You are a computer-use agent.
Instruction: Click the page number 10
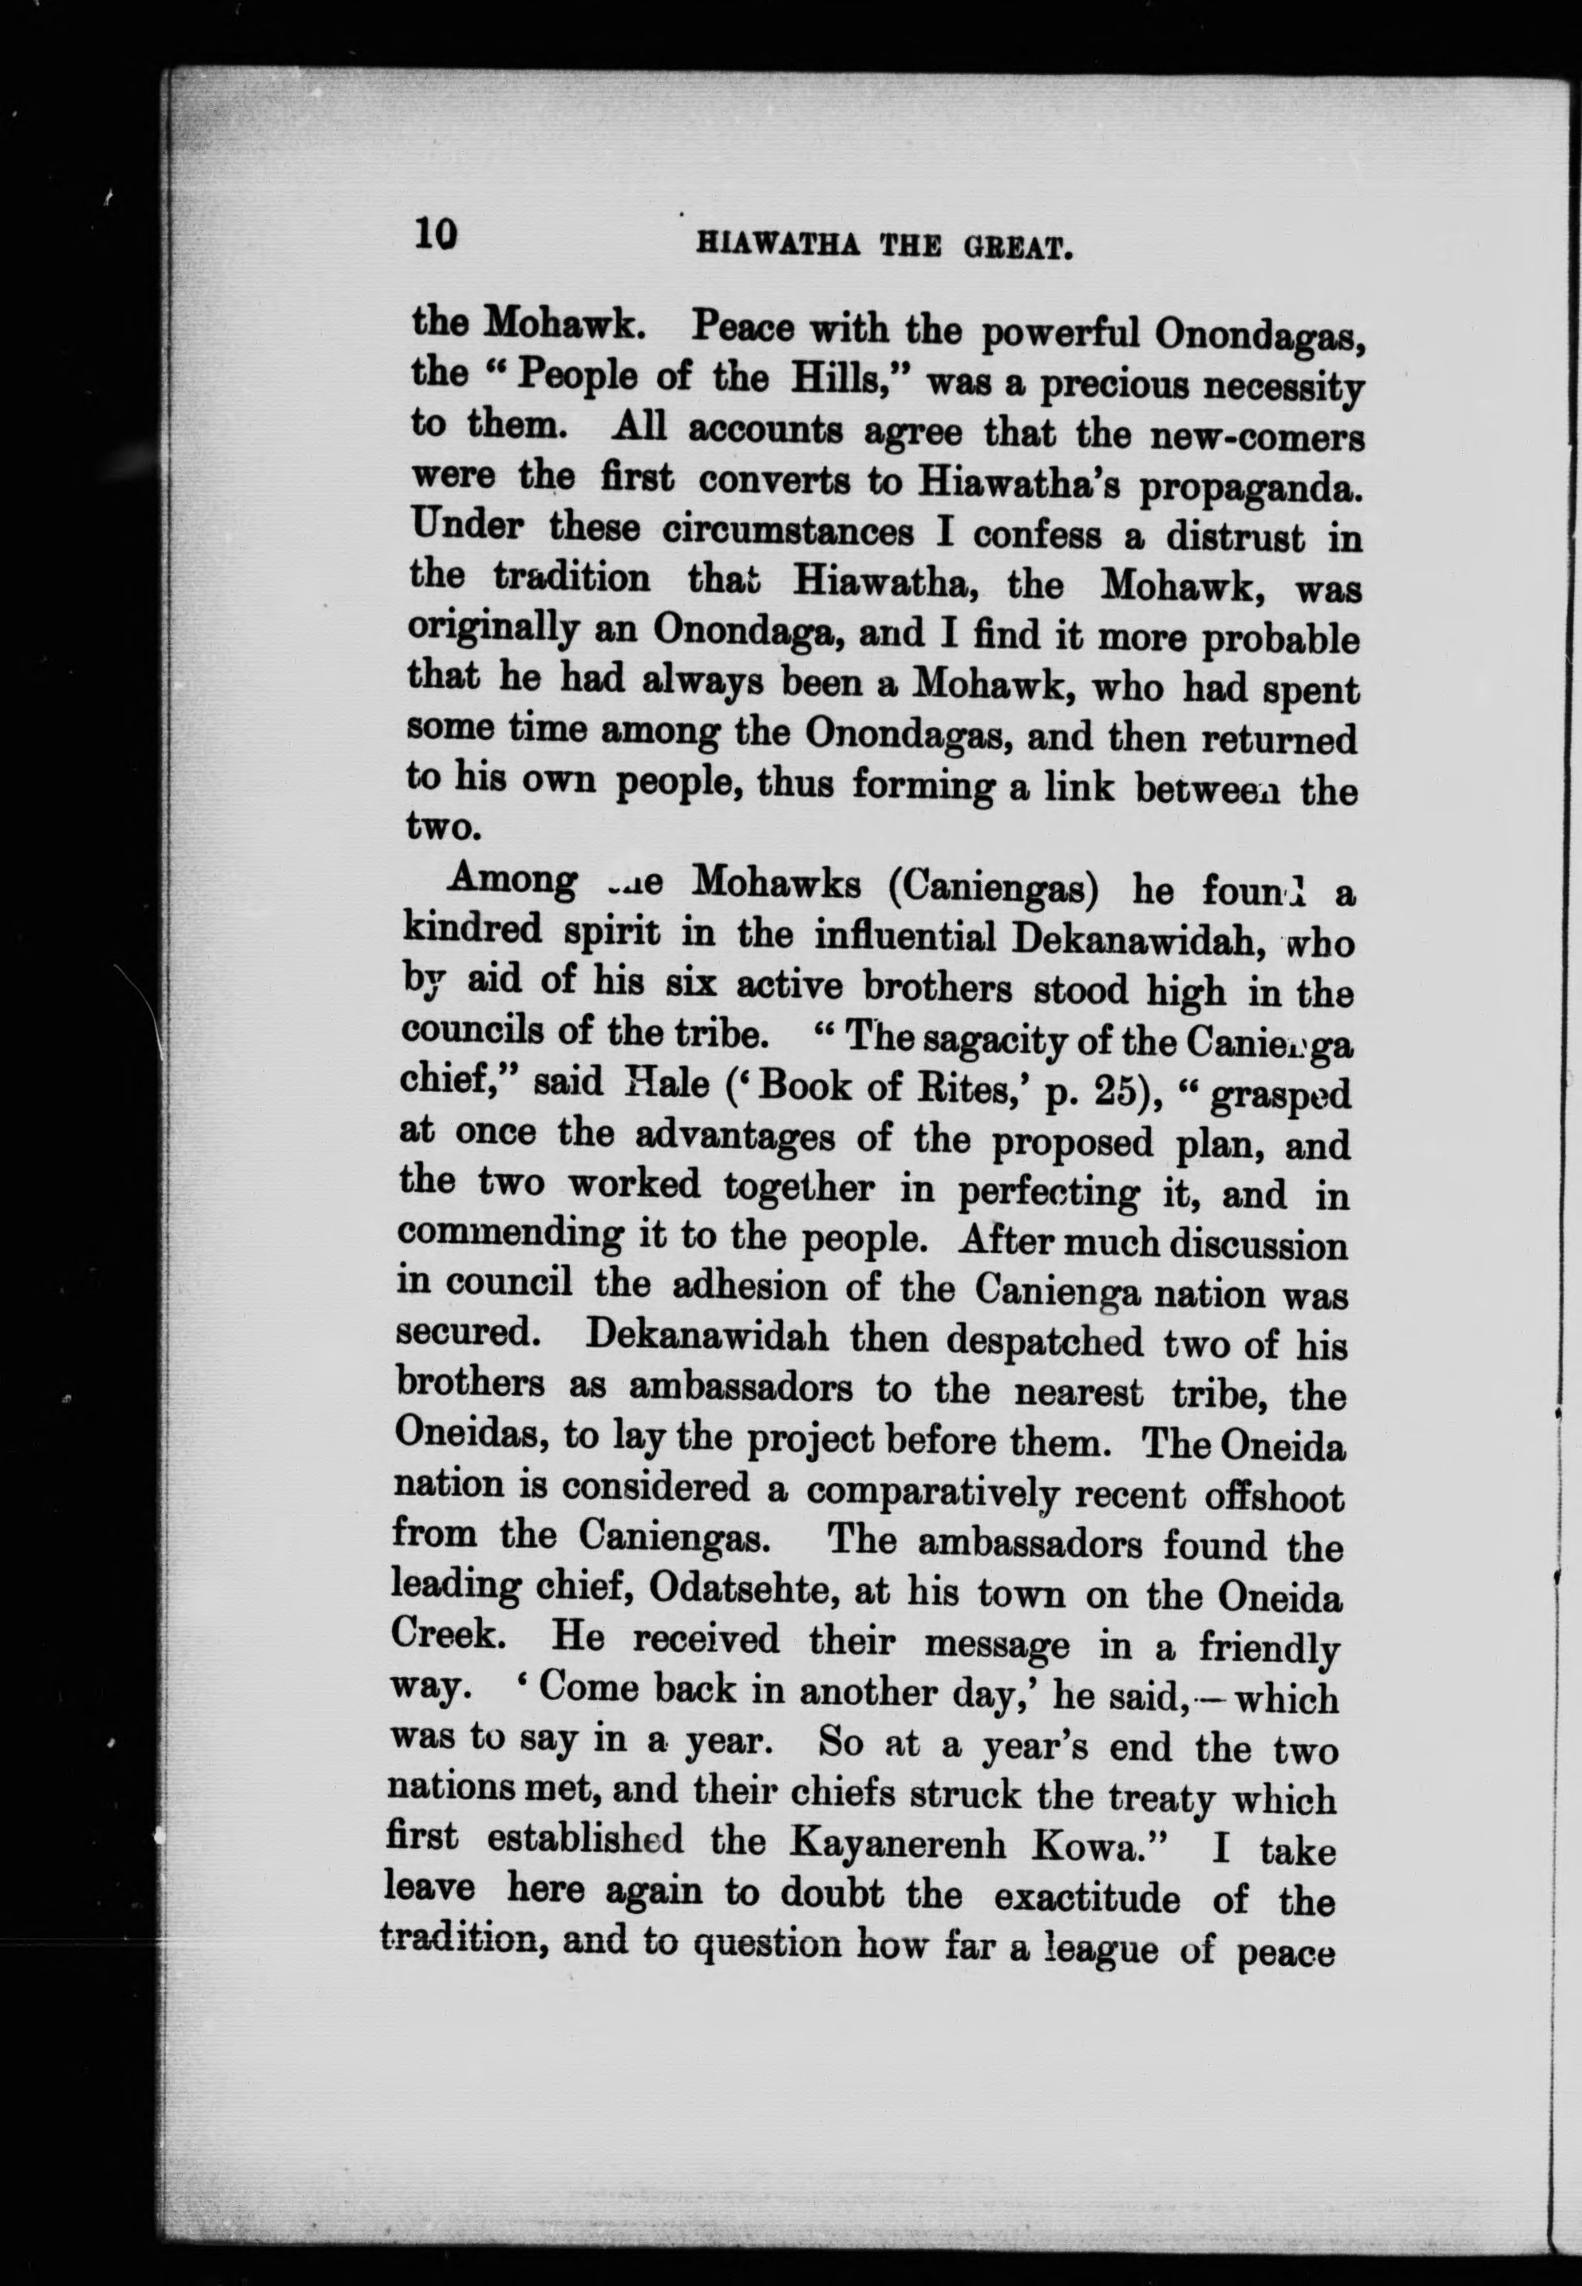point(436,234)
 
